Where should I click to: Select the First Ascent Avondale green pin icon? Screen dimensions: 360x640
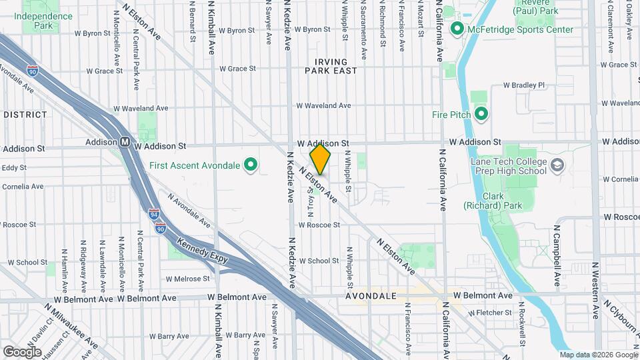pyautogui.click(x=251, y=165)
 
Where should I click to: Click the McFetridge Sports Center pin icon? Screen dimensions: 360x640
pyautogui.click(x=457, y=29)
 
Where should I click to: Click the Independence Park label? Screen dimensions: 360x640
pyautogui.click(x=43, y=21)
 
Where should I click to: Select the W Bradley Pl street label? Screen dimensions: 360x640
pyautogui.click(x=524, y=85)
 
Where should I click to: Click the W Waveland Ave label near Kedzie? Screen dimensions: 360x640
pyautogui.click(x=323, y=105)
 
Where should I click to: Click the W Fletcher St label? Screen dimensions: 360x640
pyautogui.click(x=490, y=312)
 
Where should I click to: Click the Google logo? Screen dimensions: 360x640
pyautogui.click(x=23, y=351)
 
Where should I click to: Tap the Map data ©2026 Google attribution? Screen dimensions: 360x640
pyautogui.click(x=598, y=355)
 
